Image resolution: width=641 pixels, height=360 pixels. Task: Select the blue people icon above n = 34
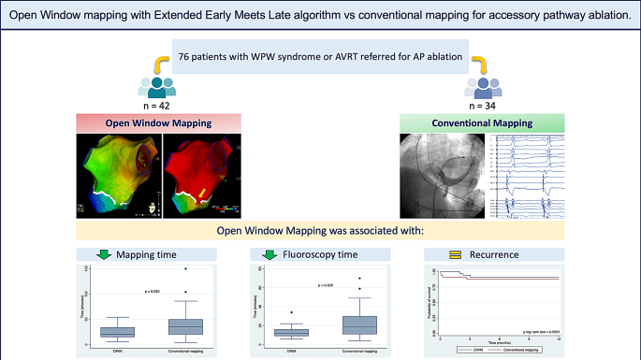[x=481, y=85]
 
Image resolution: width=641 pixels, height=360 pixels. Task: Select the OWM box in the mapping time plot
[x=118, y=332]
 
